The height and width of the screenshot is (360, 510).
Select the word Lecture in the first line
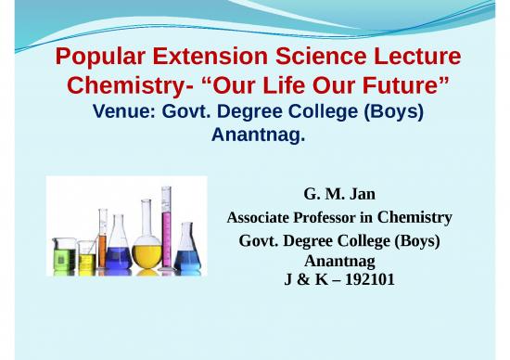[414, 61]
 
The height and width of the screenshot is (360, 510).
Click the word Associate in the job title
[258, 219]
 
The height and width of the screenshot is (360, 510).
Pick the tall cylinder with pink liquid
[167, 227]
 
